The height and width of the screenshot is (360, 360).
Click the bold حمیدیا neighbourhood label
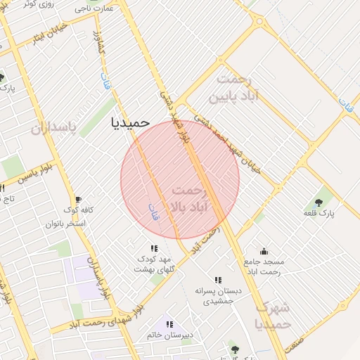(131, 122)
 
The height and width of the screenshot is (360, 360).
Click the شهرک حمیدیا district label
(272, 316)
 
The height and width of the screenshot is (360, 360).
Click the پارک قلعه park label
(319, 212)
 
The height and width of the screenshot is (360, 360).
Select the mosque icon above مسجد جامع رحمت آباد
(264, 251)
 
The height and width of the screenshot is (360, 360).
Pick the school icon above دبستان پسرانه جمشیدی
(217, 279)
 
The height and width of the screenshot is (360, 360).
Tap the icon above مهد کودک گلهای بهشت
(154, 248)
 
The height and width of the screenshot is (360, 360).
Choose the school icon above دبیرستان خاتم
(169, 324)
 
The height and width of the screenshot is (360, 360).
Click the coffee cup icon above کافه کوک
(78, 200)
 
